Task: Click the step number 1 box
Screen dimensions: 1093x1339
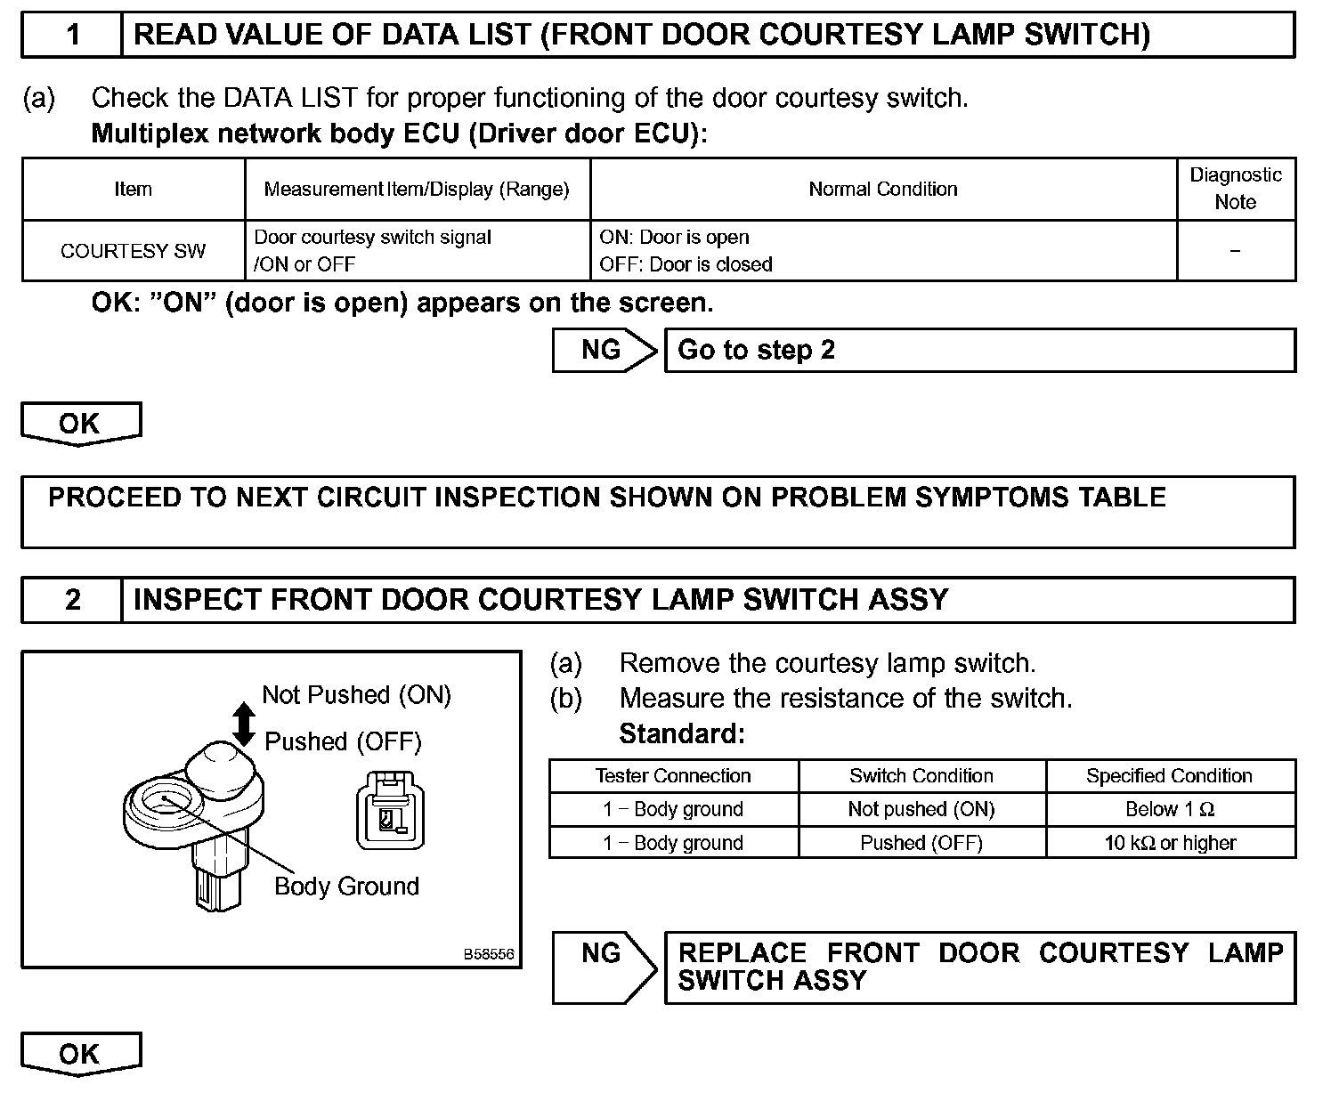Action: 72,35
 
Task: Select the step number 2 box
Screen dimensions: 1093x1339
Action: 72,600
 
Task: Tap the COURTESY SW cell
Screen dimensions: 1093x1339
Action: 133,251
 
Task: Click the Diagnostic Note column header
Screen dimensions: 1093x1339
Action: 1235,189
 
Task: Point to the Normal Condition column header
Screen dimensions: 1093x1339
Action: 882,189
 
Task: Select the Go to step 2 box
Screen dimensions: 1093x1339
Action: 979,350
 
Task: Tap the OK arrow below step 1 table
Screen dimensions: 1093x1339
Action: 80,424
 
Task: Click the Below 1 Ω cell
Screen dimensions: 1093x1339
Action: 1170,809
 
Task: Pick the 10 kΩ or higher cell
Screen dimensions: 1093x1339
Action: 1170,843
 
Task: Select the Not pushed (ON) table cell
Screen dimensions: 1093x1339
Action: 921,809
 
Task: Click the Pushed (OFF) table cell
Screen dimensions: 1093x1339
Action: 921,843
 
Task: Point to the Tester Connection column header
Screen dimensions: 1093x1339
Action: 673,776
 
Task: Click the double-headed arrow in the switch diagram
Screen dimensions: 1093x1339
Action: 244,723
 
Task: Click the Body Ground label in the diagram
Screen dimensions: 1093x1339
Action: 346,887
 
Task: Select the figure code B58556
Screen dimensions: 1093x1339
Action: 489,953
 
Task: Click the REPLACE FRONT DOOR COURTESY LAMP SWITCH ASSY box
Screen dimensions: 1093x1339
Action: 979,968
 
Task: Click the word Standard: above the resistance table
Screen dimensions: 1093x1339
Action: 681,734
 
